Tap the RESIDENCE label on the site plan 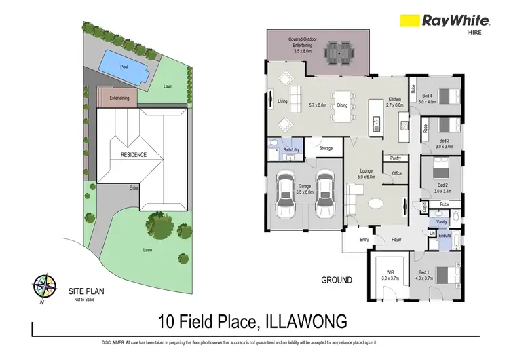(133, 154)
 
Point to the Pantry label (395, 158)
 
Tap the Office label (397, 174)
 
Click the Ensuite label (445, 236)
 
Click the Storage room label (326, 147)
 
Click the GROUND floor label (336, 280)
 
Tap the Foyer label (397, 239)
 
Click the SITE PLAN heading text (86, 291)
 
